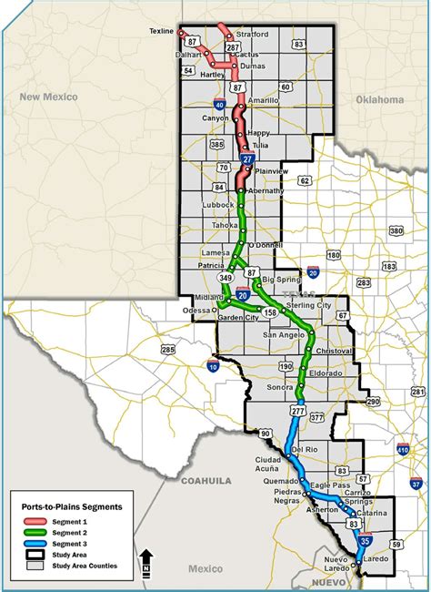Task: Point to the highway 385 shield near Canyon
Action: point(216,144)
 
